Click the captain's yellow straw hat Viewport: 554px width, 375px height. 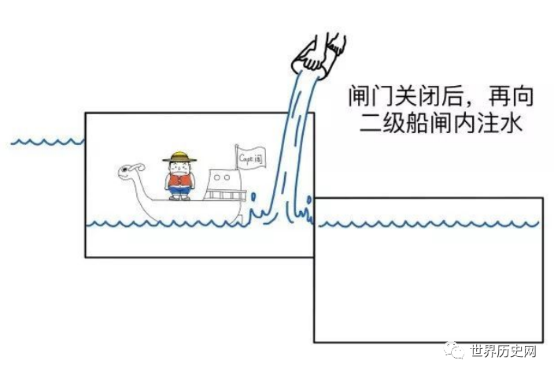pyautogui.click(x=179, y=157)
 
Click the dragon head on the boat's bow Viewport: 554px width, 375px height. pyautogui.click(x=131, y=169)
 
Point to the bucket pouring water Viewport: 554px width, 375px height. pyautogui.click(x=307, y=65)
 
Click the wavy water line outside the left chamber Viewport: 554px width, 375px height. pyautogui.click(x=47, y=143)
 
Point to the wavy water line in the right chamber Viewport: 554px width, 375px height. pyautogui.click(x=429, y=225)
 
